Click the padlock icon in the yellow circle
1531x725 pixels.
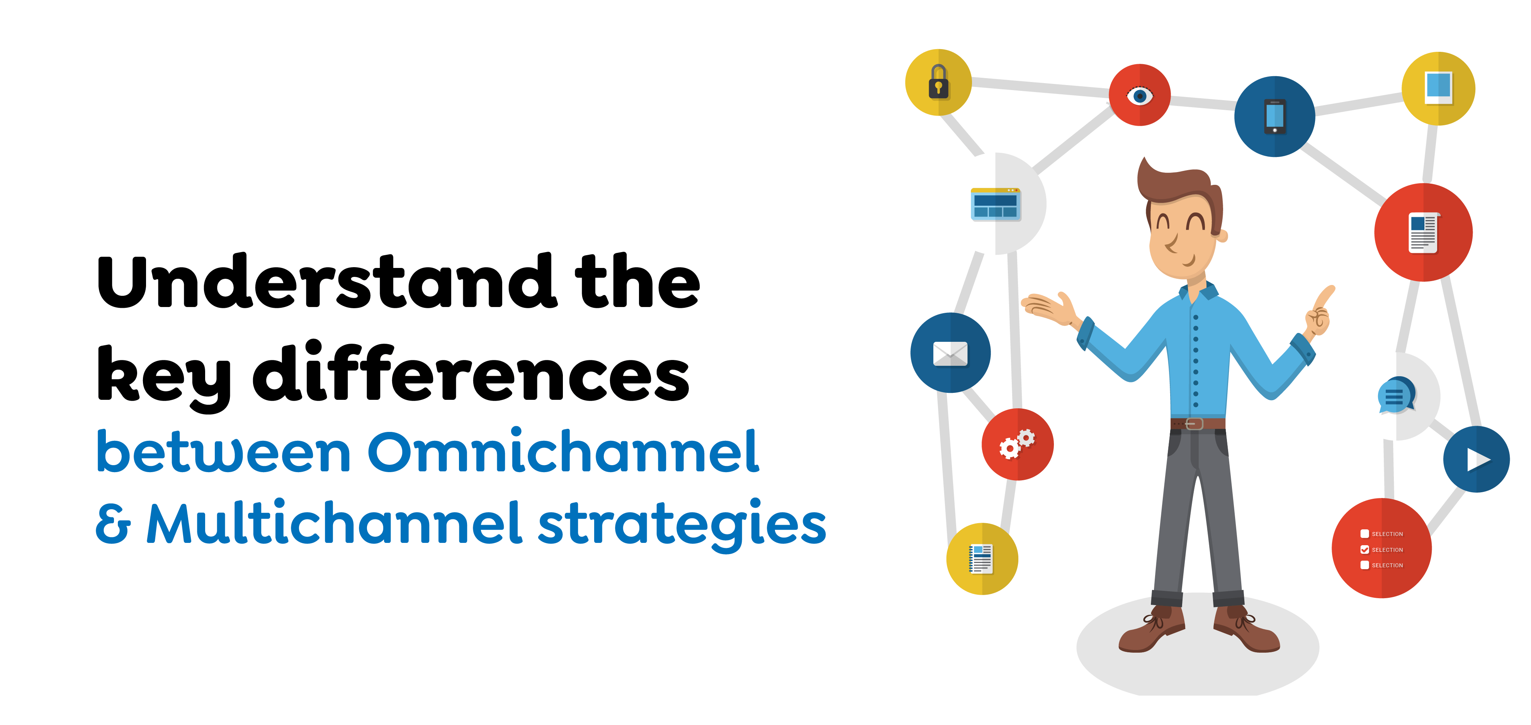[938, 82]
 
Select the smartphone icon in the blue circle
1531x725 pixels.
[1274, 116]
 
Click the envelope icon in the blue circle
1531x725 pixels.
[950, 354]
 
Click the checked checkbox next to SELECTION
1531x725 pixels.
[1364, 549]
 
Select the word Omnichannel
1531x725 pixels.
[563, 452]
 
